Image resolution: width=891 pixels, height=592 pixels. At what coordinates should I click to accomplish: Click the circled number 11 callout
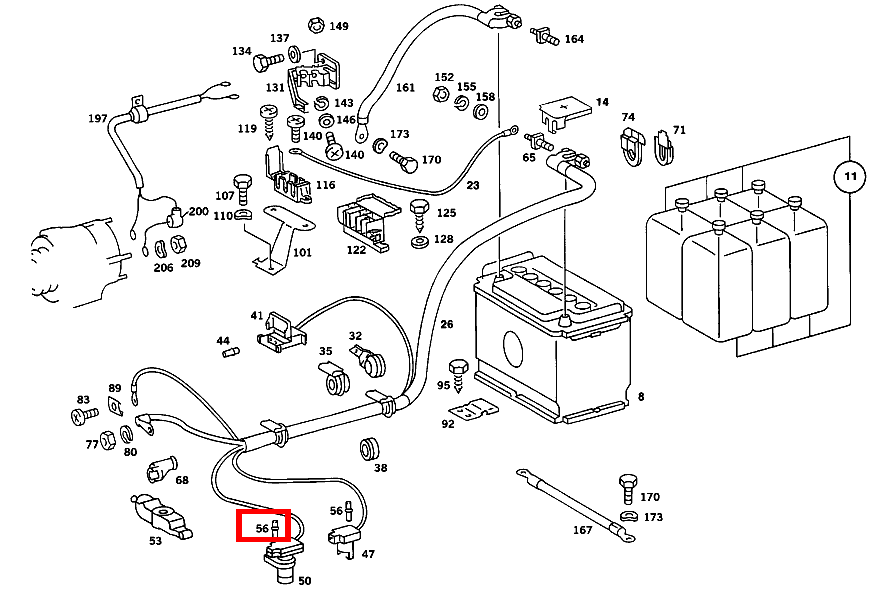tap(849, 178)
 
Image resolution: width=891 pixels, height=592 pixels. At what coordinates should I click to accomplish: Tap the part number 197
tap(97, 119)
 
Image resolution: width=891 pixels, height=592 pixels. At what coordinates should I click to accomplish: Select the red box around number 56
tap(263, 525)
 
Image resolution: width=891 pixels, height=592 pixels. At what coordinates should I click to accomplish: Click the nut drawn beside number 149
tap(315, 25)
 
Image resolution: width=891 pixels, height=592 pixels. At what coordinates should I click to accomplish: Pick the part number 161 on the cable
tap(405, 88)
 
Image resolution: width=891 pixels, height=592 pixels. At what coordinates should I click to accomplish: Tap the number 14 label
tap(602, 103)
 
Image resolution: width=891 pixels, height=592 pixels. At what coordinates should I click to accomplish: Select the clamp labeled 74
tap(628, 148)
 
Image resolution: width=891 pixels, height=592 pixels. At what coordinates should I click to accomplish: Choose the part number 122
tap(356, 250)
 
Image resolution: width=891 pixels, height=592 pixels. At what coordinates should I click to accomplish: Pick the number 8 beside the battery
tap(640, 397)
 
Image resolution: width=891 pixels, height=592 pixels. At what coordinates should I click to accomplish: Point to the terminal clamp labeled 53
tap(158, 513)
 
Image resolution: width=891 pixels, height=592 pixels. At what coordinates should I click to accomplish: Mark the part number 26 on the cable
tap(446, 323)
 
